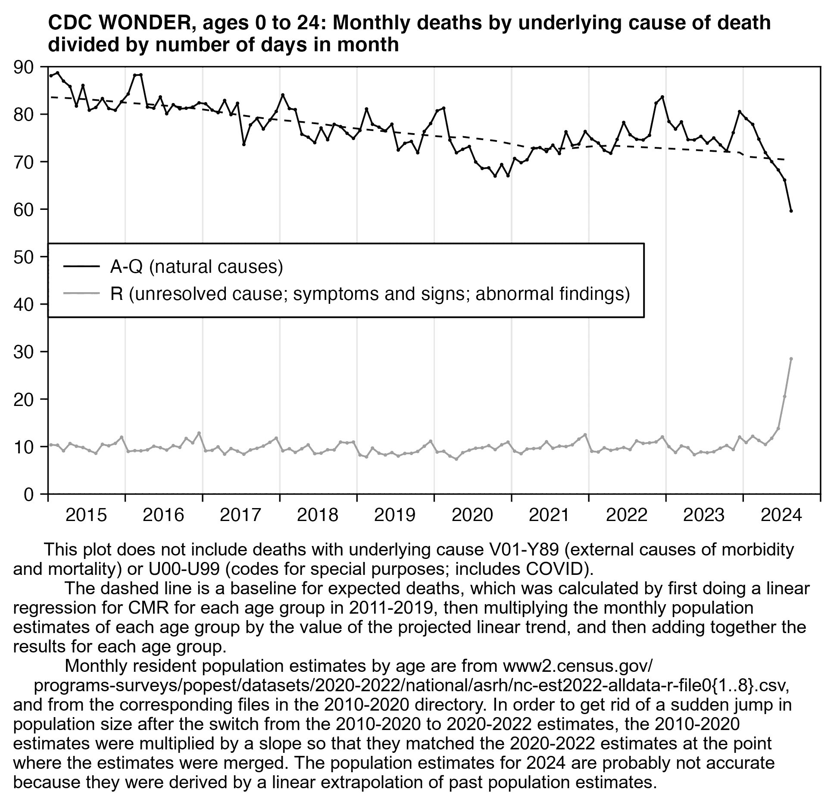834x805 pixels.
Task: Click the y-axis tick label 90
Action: click(x=23, y=67)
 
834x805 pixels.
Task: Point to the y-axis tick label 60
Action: click(x=23, y=210)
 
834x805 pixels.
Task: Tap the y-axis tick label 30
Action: click(x=23, y=353)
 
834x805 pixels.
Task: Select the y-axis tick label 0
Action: click(x=28, y=495)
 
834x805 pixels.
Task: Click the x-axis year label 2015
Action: click(x=86, y=515)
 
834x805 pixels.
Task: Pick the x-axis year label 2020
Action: click(x=472, y=515)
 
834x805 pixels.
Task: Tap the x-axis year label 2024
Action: click(x=781, y=515)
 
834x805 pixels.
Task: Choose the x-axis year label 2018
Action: click(x=318, y=515)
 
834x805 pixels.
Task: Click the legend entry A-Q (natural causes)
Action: click(x=196, y=267)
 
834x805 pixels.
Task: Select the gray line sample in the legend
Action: click(x=81, y=294)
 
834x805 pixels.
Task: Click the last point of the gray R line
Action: click(x=791, y=359)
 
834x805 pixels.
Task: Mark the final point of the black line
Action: click(x=791, y=211)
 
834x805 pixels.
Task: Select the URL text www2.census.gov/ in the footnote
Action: click(x=577, y=666)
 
